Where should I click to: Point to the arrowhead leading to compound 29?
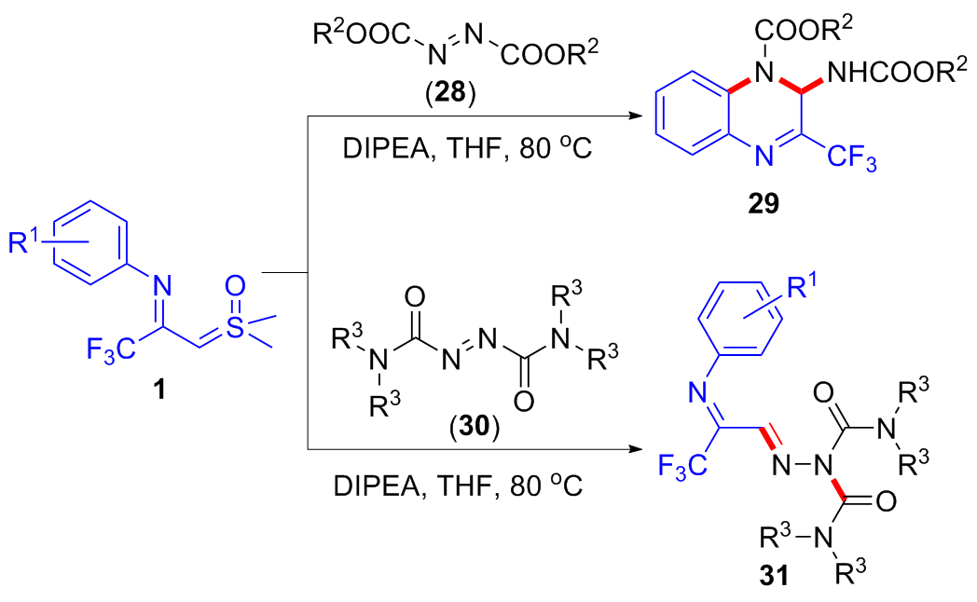639,116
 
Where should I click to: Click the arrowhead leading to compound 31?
639,451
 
